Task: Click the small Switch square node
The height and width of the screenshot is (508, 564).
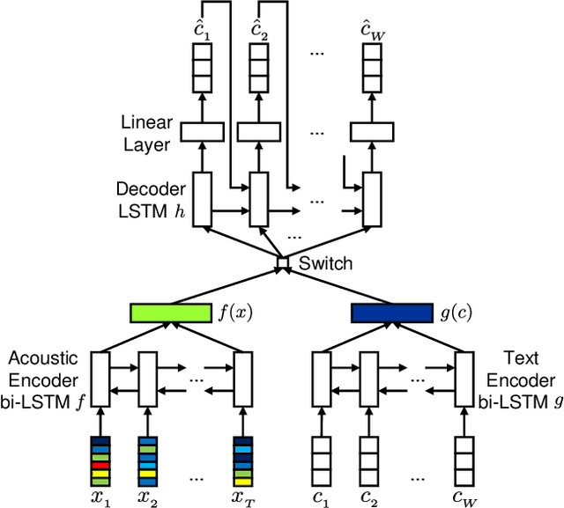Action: click(283, 263)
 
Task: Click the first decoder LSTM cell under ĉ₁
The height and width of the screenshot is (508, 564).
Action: click(202, 198)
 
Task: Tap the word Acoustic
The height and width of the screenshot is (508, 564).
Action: click(43, 358)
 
